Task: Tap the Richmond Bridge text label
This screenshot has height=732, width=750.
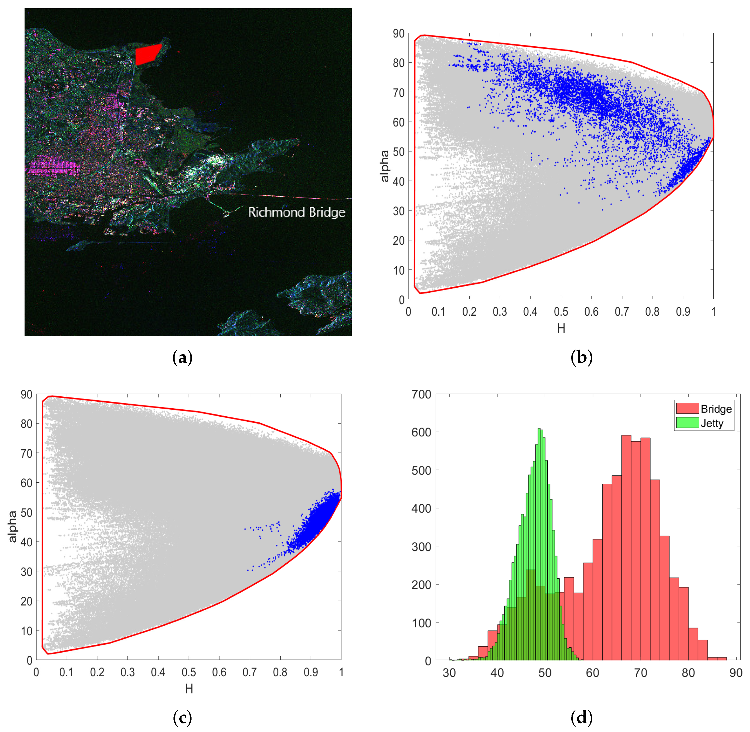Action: coord(296,212)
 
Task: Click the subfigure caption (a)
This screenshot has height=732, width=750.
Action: coord(182,358)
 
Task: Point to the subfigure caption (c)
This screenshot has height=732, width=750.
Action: coord(182,717)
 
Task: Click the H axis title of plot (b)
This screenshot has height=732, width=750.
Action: coord(561,328)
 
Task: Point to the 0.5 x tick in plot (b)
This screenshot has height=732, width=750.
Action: coord(561,312)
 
